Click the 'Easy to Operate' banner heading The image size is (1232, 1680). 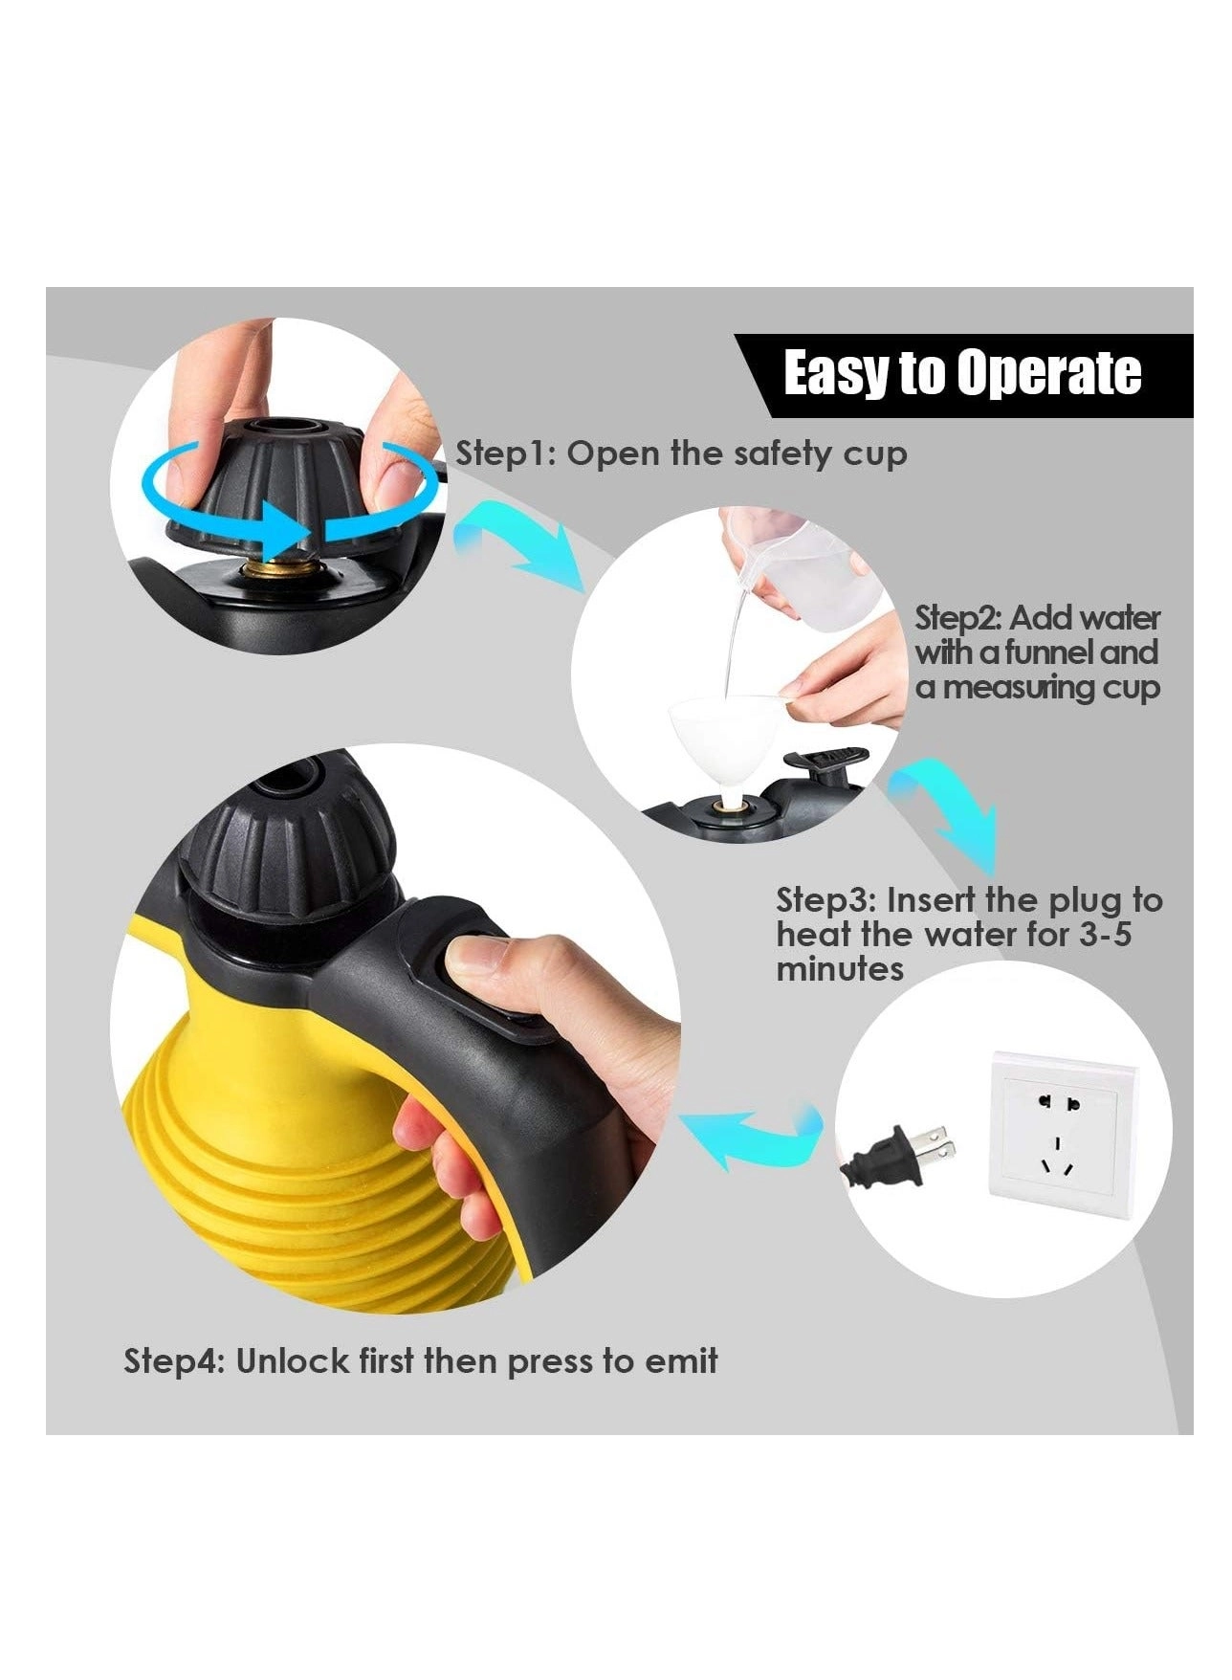pyautogui.click(x=962, y=373)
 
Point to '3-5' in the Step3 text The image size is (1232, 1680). pyautogui.click(x=1098, y=935)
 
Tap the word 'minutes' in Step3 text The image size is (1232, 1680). pyautogui.click(x=840, y=969)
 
